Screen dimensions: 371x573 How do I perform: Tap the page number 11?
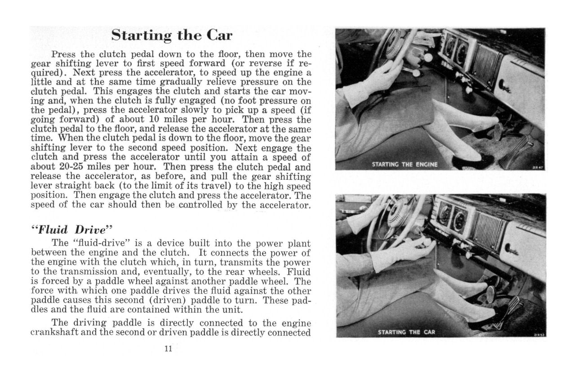click(x=169, y=349)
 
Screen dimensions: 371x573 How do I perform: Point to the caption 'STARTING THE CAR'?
click(x=406, y=332)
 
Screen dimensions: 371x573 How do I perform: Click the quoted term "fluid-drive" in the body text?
click(x=98, y=244)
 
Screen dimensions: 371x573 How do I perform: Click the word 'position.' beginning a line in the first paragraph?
click(x=49, y=196)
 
